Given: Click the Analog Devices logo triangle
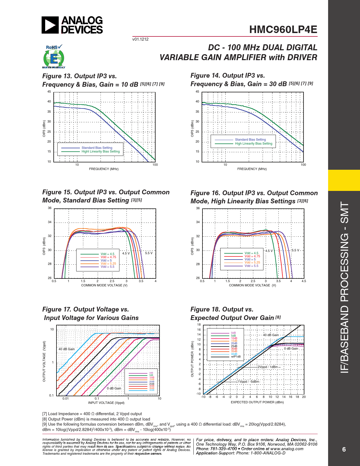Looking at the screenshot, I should [x=50, y=25].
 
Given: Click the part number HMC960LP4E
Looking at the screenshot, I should [x=283, y=30].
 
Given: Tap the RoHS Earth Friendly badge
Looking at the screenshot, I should [x=54, y=57].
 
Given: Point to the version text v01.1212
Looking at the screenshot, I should [x=140, y=39].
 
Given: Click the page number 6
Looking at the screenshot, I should [x=344, y=449].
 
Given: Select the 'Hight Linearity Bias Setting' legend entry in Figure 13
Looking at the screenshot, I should [x=101, y=152].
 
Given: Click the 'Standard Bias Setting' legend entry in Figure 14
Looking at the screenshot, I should [x=250, y=140].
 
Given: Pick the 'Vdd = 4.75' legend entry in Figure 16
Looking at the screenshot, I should [x=252, y=256].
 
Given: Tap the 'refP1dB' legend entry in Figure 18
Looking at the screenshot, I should [x=236, y=357].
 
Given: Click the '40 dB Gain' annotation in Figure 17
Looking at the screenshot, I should [x=67, y=349].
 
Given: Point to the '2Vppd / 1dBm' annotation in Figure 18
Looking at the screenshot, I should [x=268, y=367].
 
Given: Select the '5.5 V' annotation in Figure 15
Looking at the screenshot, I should [x=149, y=253].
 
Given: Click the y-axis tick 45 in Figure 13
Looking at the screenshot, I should [x=49, y=92].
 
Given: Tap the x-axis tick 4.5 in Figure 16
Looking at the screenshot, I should [x=304, y=281].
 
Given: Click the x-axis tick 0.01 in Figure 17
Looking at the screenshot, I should [x=66, y=399].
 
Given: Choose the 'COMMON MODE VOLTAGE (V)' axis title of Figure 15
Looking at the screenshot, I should [x=104, y=285].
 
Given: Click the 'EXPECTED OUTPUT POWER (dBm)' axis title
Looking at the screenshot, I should [x=257, y=402].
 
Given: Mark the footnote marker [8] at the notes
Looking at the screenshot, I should [x=45, y=419].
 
